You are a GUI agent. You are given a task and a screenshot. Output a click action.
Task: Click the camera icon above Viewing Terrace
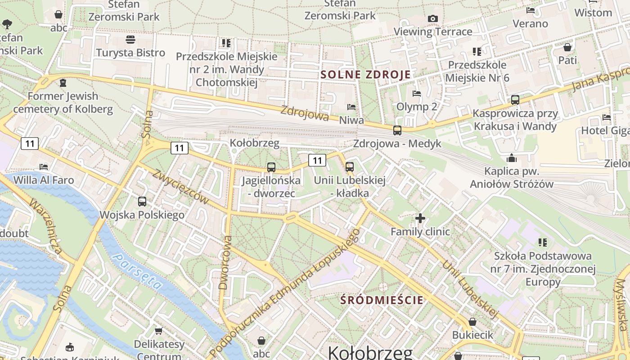click(433, 18)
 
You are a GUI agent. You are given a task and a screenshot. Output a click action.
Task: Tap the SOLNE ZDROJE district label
click(365, 75)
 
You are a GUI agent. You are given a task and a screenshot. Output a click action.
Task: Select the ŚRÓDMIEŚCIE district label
click(382, 300)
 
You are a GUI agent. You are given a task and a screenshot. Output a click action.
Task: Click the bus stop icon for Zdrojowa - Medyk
click(397, 130)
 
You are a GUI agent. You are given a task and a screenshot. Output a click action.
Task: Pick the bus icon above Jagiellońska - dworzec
click(271, 167)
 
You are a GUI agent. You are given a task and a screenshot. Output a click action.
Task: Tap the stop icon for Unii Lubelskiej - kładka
click(350, 167)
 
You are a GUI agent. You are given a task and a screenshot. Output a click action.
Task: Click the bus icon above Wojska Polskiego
click(142, 202)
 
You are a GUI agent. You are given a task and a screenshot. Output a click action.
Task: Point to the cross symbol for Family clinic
click(420, 219)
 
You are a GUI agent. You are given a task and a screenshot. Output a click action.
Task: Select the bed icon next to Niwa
click(351, 107)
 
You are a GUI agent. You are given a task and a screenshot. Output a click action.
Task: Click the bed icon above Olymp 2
click(417, 94)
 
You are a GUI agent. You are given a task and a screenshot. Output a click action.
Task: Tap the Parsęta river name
click(137, 271)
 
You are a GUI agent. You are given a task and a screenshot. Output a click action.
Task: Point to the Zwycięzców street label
click(180, 186)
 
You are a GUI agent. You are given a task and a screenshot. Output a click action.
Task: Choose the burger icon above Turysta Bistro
click(130, 40)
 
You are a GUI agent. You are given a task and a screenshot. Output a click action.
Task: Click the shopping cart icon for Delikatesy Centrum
click(159, 331)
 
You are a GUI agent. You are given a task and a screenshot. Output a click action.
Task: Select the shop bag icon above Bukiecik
click(472, 322)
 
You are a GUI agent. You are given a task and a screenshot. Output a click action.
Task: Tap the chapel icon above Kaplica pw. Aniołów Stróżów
click(512, 158)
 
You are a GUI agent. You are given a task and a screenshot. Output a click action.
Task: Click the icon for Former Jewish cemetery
click(63, 83)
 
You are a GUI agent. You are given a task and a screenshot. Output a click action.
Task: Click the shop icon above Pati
click(567, 47)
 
